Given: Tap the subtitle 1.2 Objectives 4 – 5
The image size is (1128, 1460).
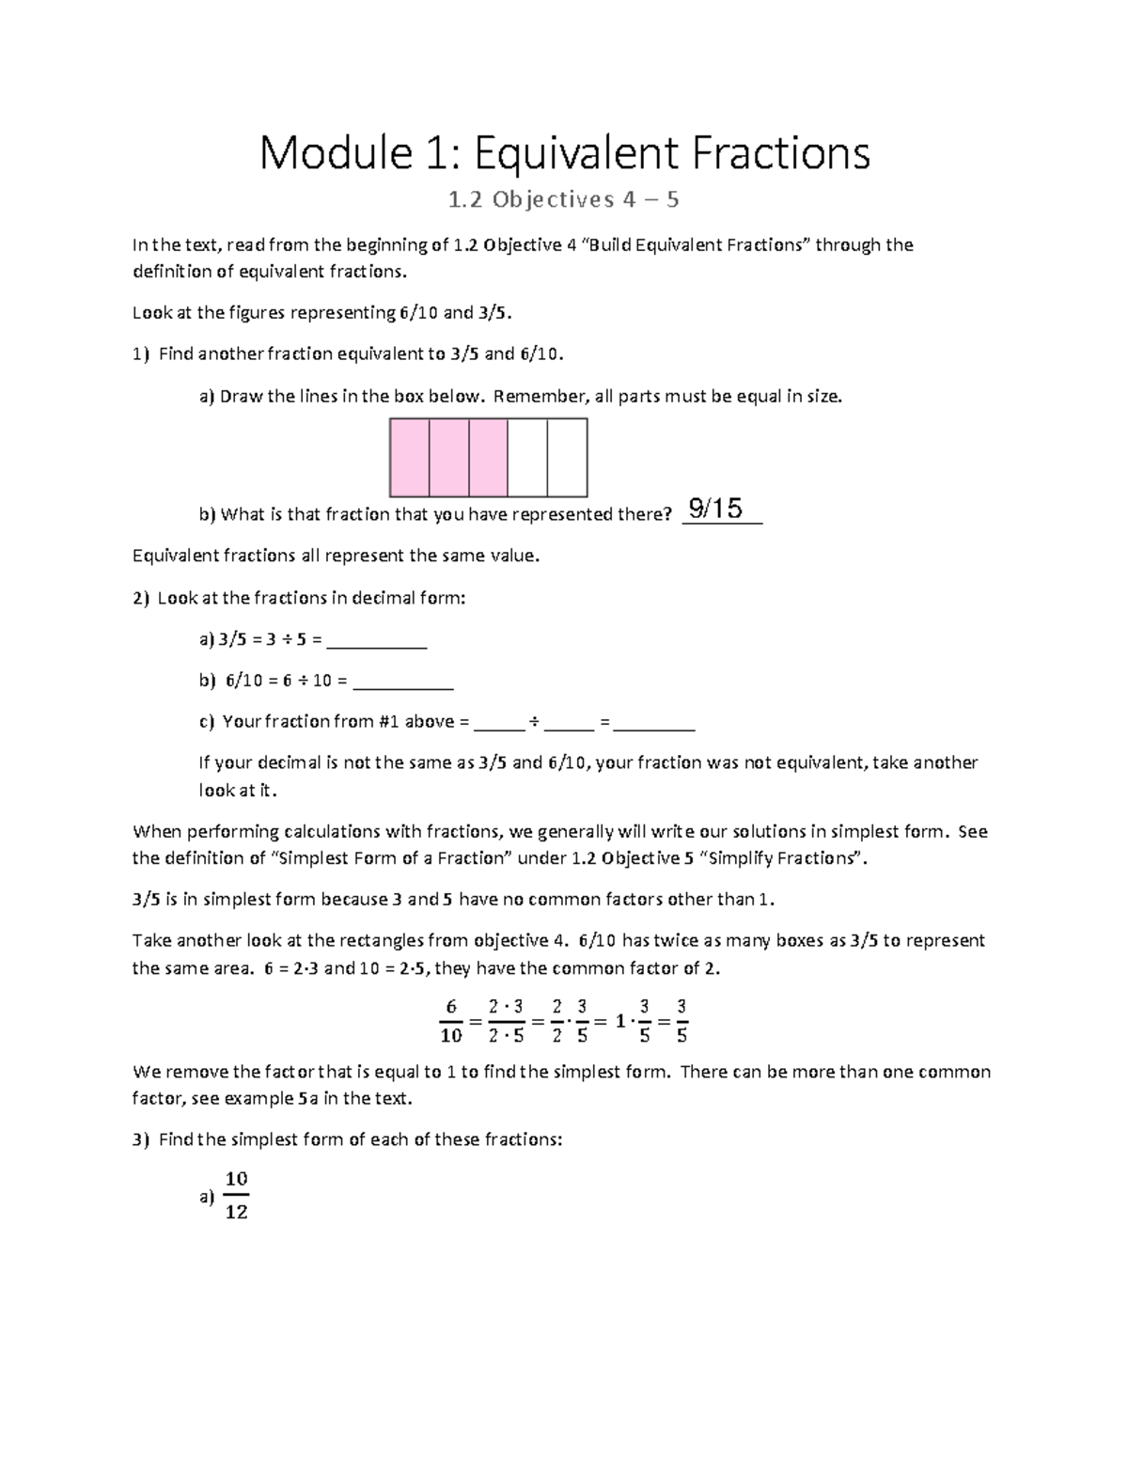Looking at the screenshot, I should pos(564,199).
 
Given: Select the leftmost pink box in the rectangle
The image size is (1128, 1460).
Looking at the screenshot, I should pos(410,458).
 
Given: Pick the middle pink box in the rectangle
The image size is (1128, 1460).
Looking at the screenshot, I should pos(449,458).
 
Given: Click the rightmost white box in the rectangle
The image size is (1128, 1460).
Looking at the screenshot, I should pos(567,458).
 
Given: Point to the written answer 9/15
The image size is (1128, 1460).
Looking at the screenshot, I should pos(715,509).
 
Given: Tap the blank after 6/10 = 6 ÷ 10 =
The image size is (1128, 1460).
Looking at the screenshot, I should pos(405,682).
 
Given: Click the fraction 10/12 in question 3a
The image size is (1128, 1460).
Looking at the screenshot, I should pos(236,1196).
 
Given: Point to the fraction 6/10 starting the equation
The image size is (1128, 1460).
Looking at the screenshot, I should pos(451,1021).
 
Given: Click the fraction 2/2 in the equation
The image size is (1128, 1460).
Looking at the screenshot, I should pos(558,1021).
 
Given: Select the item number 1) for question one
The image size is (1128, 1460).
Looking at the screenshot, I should pos(140,354).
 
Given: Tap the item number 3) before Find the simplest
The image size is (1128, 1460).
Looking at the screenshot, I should pos(140,1139).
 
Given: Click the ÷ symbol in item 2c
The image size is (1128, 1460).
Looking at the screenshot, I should pos(533,723).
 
